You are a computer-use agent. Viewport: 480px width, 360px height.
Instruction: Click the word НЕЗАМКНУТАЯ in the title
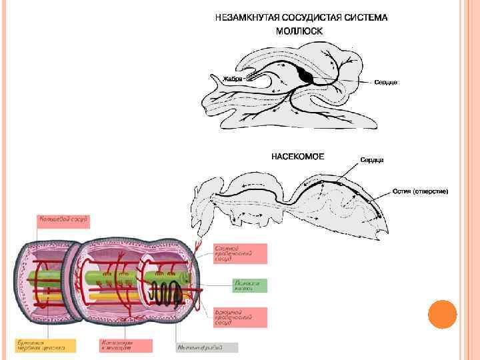pyautogui.click(x=245, y=18)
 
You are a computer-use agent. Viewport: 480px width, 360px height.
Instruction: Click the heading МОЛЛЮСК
pyautogui.click(x=299, y=31)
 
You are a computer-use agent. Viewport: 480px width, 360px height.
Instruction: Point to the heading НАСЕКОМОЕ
pyautogui.click(x=297, y=157)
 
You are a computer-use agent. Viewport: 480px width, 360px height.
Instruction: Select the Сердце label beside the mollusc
pyautogui.click(x=385, y=82)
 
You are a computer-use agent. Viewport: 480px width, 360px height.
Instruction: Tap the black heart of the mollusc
pyautogui.click(x=305, y=75)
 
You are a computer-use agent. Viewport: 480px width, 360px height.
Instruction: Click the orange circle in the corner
pyautogui.click(x=441, y=315)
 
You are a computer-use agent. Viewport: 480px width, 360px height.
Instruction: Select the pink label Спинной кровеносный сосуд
pyautogui.click(x=240, y=253)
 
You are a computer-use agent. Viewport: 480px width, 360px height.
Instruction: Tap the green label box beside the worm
pyautogui.click(x=249, y=285)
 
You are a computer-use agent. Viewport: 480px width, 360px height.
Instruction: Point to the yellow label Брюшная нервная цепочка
pyautogui.click(x=46, y=345)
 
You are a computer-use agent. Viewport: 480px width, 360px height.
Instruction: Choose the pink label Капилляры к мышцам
pyautogui.click(x=125, y=345)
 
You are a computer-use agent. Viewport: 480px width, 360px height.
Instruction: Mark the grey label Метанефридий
pyautogui.click(x=206, y=347)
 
